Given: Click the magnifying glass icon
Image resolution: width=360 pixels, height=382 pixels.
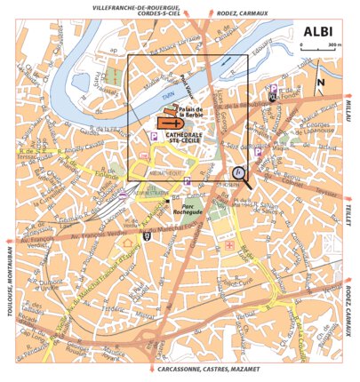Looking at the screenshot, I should tap(239, 174).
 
